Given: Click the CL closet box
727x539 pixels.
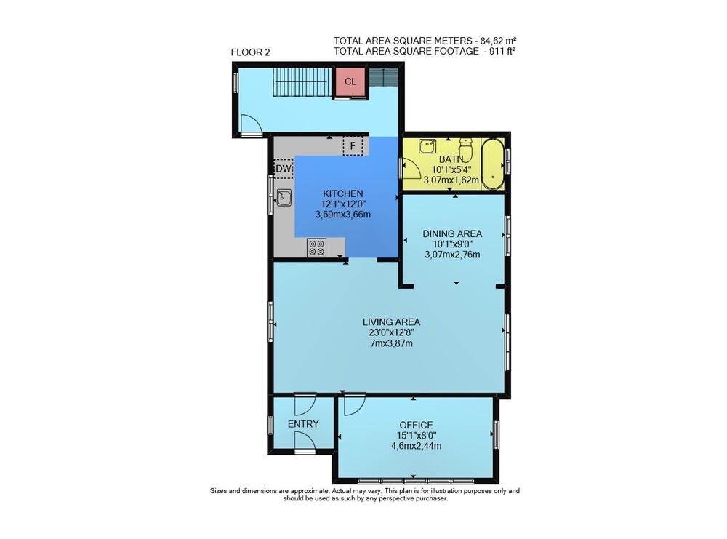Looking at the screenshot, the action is pos(350,82).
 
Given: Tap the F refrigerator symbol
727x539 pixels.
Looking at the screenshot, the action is pos(353,146).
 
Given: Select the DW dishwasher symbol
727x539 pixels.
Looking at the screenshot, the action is pos(284,169).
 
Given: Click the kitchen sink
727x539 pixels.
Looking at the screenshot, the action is pos(284,198).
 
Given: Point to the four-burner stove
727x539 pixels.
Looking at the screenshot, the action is pos(316,247).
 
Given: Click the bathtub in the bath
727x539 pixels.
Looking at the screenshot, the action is pos(492,164).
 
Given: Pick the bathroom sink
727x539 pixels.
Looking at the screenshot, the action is pos(427,146).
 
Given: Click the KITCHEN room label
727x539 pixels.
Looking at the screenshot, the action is pos(343,194).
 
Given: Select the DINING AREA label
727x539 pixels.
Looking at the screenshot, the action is pos(452,233).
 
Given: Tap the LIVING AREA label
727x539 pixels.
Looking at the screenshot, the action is pos(391,322).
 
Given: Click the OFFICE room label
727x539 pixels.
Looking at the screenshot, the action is pos(417,425).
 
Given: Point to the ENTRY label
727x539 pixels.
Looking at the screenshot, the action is pos(303,424).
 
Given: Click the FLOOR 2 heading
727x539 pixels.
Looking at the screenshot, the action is pos(250,52).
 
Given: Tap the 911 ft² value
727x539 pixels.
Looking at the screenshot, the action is pos(503,52).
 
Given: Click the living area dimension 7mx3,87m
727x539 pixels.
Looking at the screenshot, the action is pos(391,344).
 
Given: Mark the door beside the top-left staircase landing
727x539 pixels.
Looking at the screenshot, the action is pos(252,124).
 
